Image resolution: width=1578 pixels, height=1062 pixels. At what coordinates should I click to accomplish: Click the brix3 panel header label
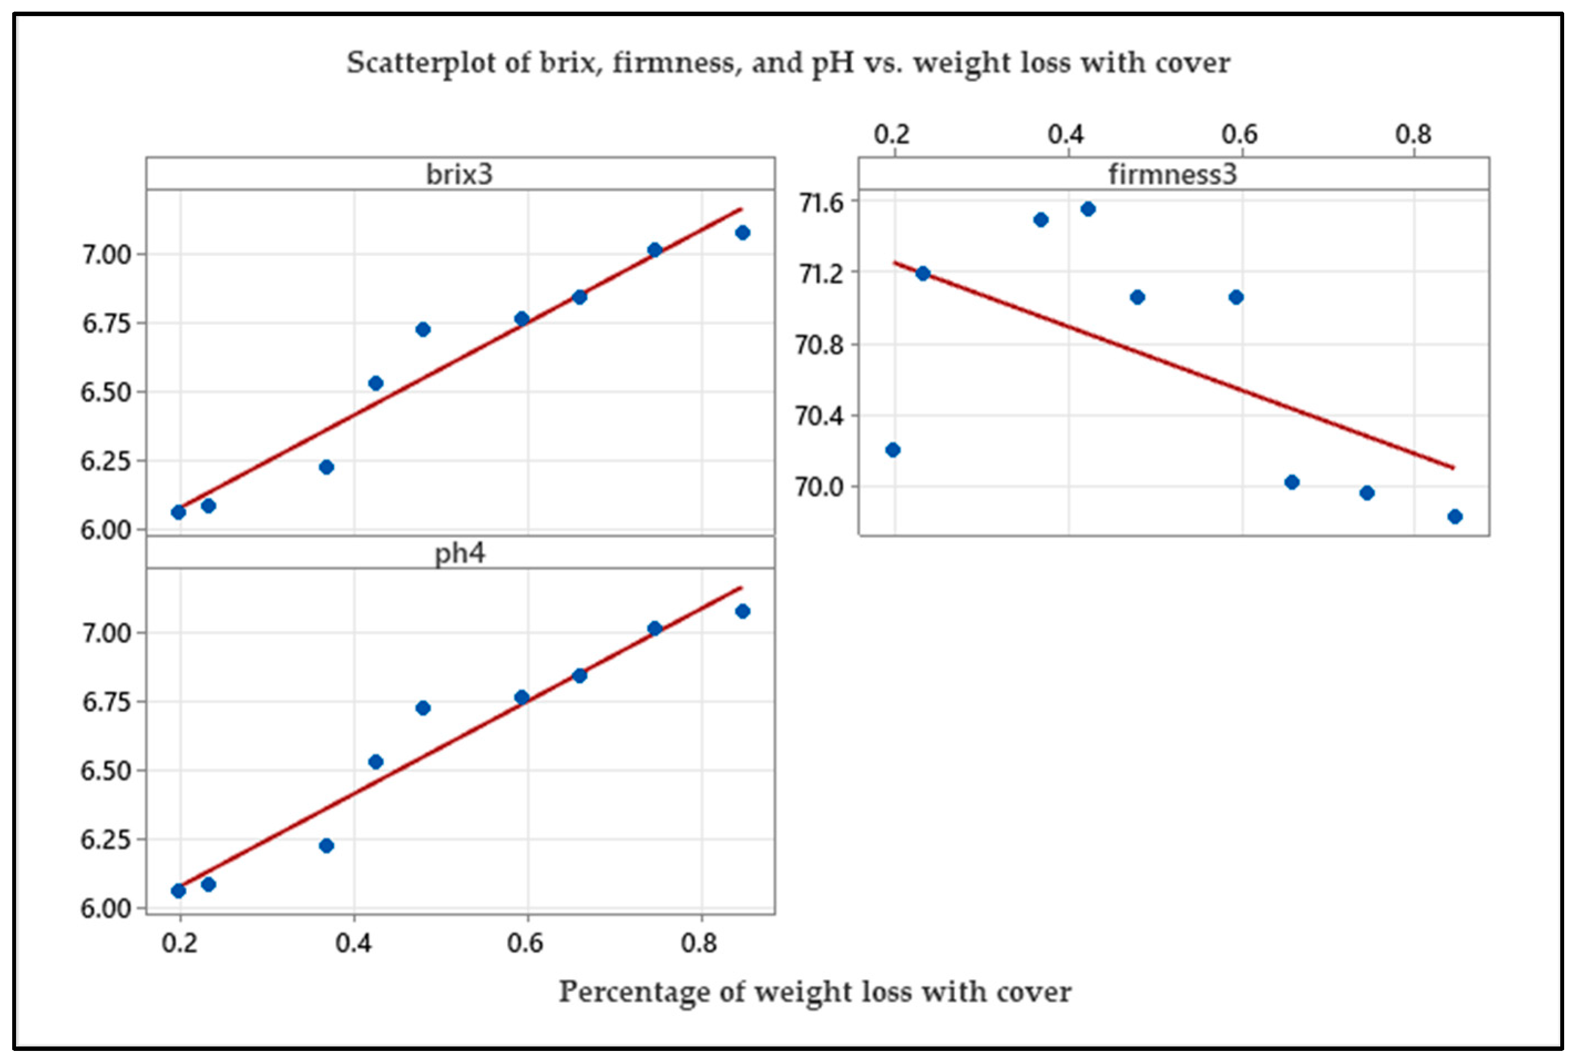pyautogui.click(x=459, y=175)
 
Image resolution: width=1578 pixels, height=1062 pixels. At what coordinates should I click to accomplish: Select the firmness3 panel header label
pyautogui.click(x=1172, y=175)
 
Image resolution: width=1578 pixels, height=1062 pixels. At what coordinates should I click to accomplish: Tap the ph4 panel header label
pyautogui.click(x=459, y=553)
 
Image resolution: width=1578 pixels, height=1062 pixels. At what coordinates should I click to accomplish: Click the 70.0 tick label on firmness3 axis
pyautogui.click(x=819, y=487)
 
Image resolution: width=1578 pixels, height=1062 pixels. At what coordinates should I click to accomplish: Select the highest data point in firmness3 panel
pyautogui.click(x=1088, y=209)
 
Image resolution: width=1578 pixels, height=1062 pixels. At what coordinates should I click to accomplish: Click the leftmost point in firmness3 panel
pyautogui.click(x=893, y=450)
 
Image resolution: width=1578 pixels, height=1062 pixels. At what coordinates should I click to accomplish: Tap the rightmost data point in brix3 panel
pyautogui.click(x=742, y=232)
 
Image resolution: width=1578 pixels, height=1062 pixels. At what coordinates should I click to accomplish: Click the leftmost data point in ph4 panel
pyautogui.click(x=178, y=891)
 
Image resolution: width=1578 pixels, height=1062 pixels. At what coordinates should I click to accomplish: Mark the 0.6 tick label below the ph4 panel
pyautogui.click(x=526, y=942)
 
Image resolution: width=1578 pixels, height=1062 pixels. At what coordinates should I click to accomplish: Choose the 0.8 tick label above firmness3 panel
pyautogui.click(x=1413, y=134)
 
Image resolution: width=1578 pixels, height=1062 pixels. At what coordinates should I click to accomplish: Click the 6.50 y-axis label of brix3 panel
pyautogui.click(x=105, y=392)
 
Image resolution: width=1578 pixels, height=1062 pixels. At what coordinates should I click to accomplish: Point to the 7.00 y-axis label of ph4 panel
pyautogui.click(x=105, y=633)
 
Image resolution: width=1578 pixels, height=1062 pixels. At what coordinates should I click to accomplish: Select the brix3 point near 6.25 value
pyautogui.click(x=326, y=466)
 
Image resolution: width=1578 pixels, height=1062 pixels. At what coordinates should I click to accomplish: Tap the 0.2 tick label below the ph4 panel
pyautogui.click(x=180, y=942)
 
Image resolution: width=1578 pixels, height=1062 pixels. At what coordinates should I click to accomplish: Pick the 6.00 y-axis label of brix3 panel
pyautogui.click(x=105, y=530)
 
